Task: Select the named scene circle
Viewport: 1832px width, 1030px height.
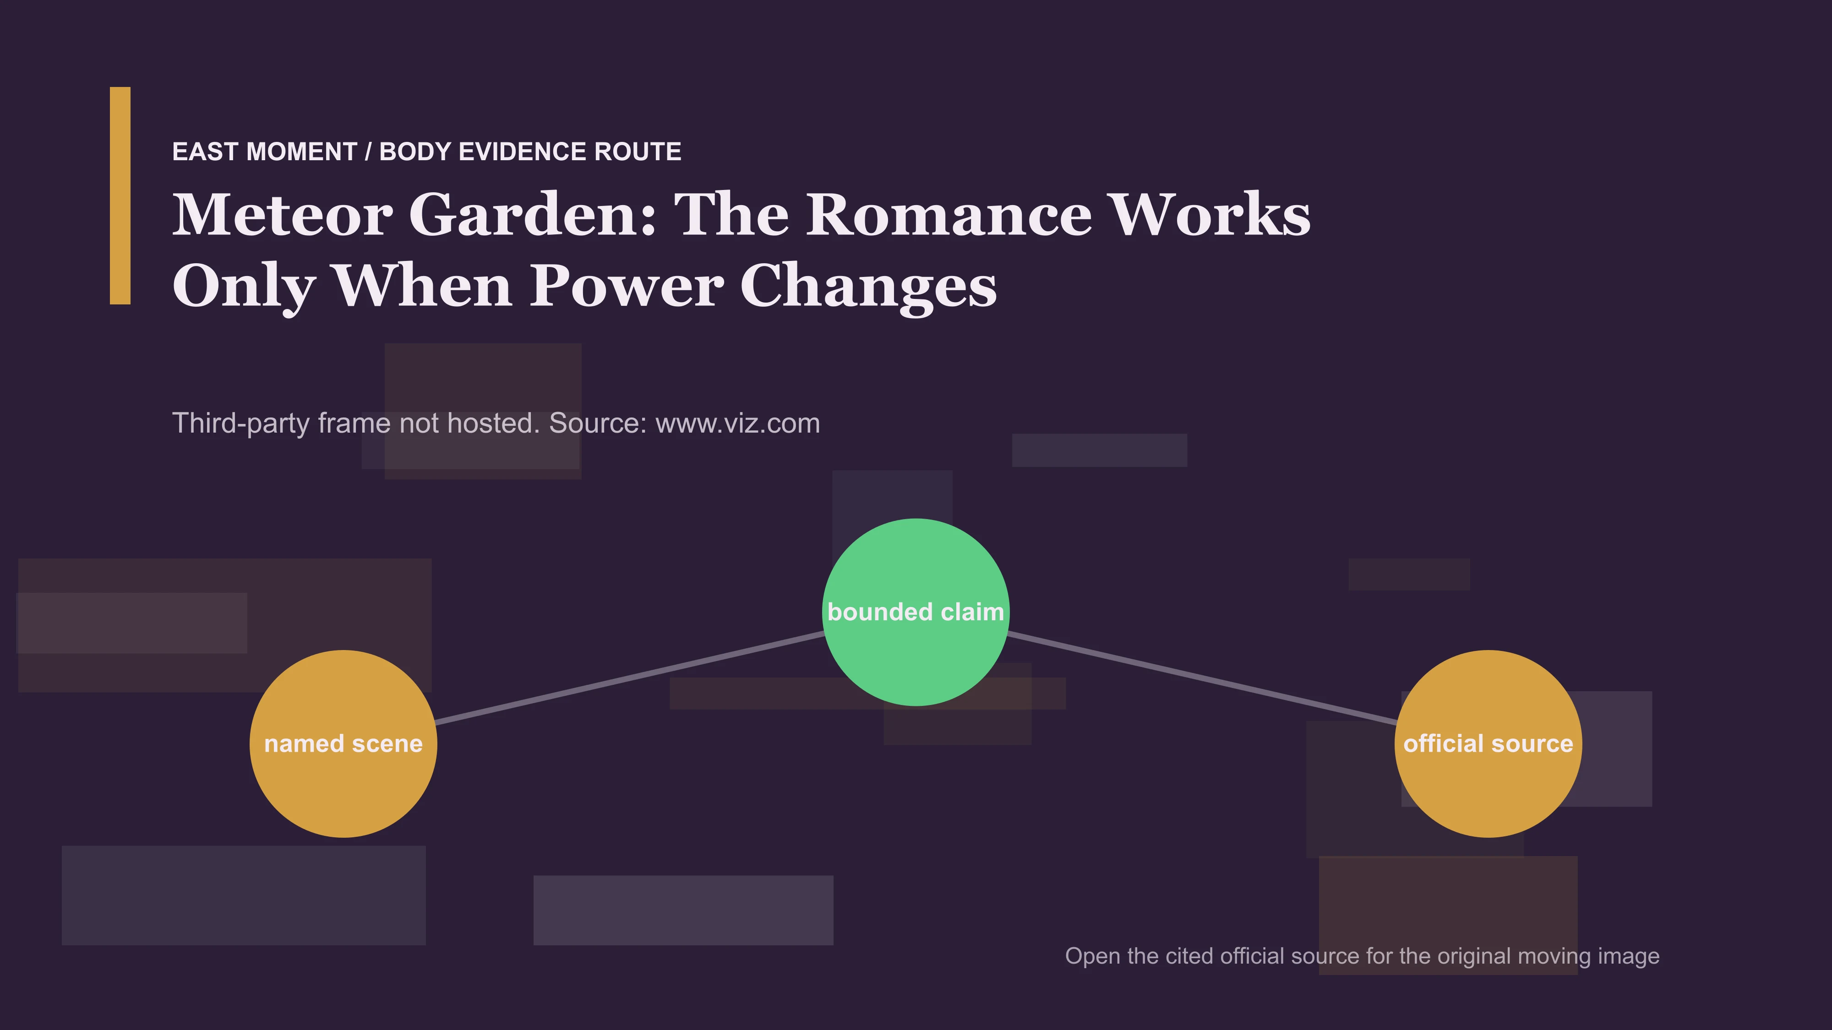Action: pos(343,743)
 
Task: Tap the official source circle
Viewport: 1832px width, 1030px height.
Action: pos(1488,743)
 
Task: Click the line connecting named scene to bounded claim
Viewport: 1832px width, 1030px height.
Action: pos(629,678)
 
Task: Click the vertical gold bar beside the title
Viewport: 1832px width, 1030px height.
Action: pos(120,195)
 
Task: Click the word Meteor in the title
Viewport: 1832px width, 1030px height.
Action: pos(282,215)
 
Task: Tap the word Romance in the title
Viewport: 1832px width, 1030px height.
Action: pos(949,215)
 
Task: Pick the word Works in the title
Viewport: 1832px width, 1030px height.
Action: pos(1210,215)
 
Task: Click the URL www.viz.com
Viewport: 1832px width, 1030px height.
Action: pos(737,423)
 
